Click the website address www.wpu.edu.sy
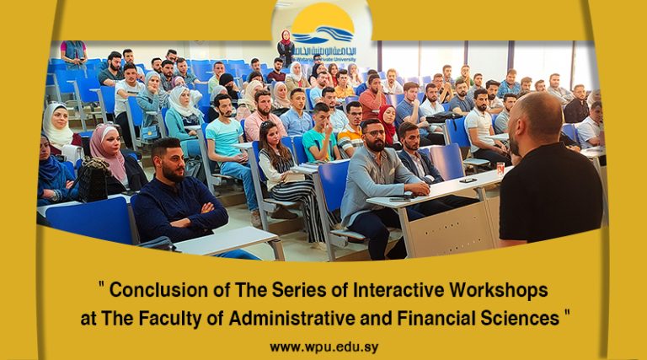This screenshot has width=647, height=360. tap(323, 347)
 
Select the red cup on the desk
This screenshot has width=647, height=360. tap(500, 169)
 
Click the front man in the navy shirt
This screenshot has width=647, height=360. tap(179, 198)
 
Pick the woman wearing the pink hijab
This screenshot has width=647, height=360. tap(110, 160)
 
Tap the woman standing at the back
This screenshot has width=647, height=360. tap(286, 49)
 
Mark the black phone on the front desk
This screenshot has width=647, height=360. tap(467, 180)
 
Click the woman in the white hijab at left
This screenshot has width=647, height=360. tap(57, 126)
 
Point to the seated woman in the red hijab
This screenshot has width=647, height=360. tap(388, 122)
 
